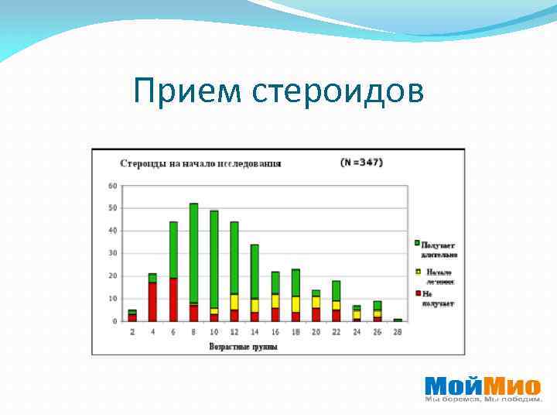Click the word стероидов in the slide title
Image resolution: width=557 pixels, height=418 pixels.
point(338,91)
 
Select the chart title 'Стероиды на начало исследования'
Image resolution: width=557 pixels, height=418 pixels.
point(200,163)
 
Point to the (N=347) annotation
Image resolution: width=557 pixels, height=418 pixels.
point(361,163)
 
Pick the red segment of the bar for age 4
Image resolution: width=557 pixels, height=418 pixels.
point(153,301)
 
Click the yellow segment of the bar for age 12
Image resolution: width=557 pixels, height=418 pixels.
point(234,301)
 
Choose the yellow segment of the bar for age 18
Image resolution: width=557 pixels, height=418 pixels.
point(296,304)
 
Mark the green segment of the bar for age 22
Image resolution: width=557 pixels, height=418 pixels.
point(336,290)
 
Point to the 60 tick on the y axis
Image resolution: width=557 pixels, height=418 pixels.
point(113,186)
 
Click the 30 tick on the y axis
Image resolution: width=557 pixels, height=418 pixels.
point(113,253)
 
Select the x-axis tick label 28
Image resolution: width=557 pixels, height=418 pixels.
point(397,331)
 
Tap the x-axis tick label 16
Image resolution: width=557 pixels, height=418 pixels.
point(275,331)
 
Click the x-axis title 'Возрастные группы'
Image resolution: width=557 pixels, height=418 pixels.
point(243,346)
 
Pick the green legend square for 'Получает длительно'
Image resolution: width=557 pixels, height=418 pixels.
point(418,243)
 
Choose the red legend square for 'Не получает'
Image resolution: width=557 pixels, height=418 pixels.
point(418,293)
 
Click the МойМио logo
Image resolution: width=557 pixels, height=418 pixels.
point(482,386)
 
